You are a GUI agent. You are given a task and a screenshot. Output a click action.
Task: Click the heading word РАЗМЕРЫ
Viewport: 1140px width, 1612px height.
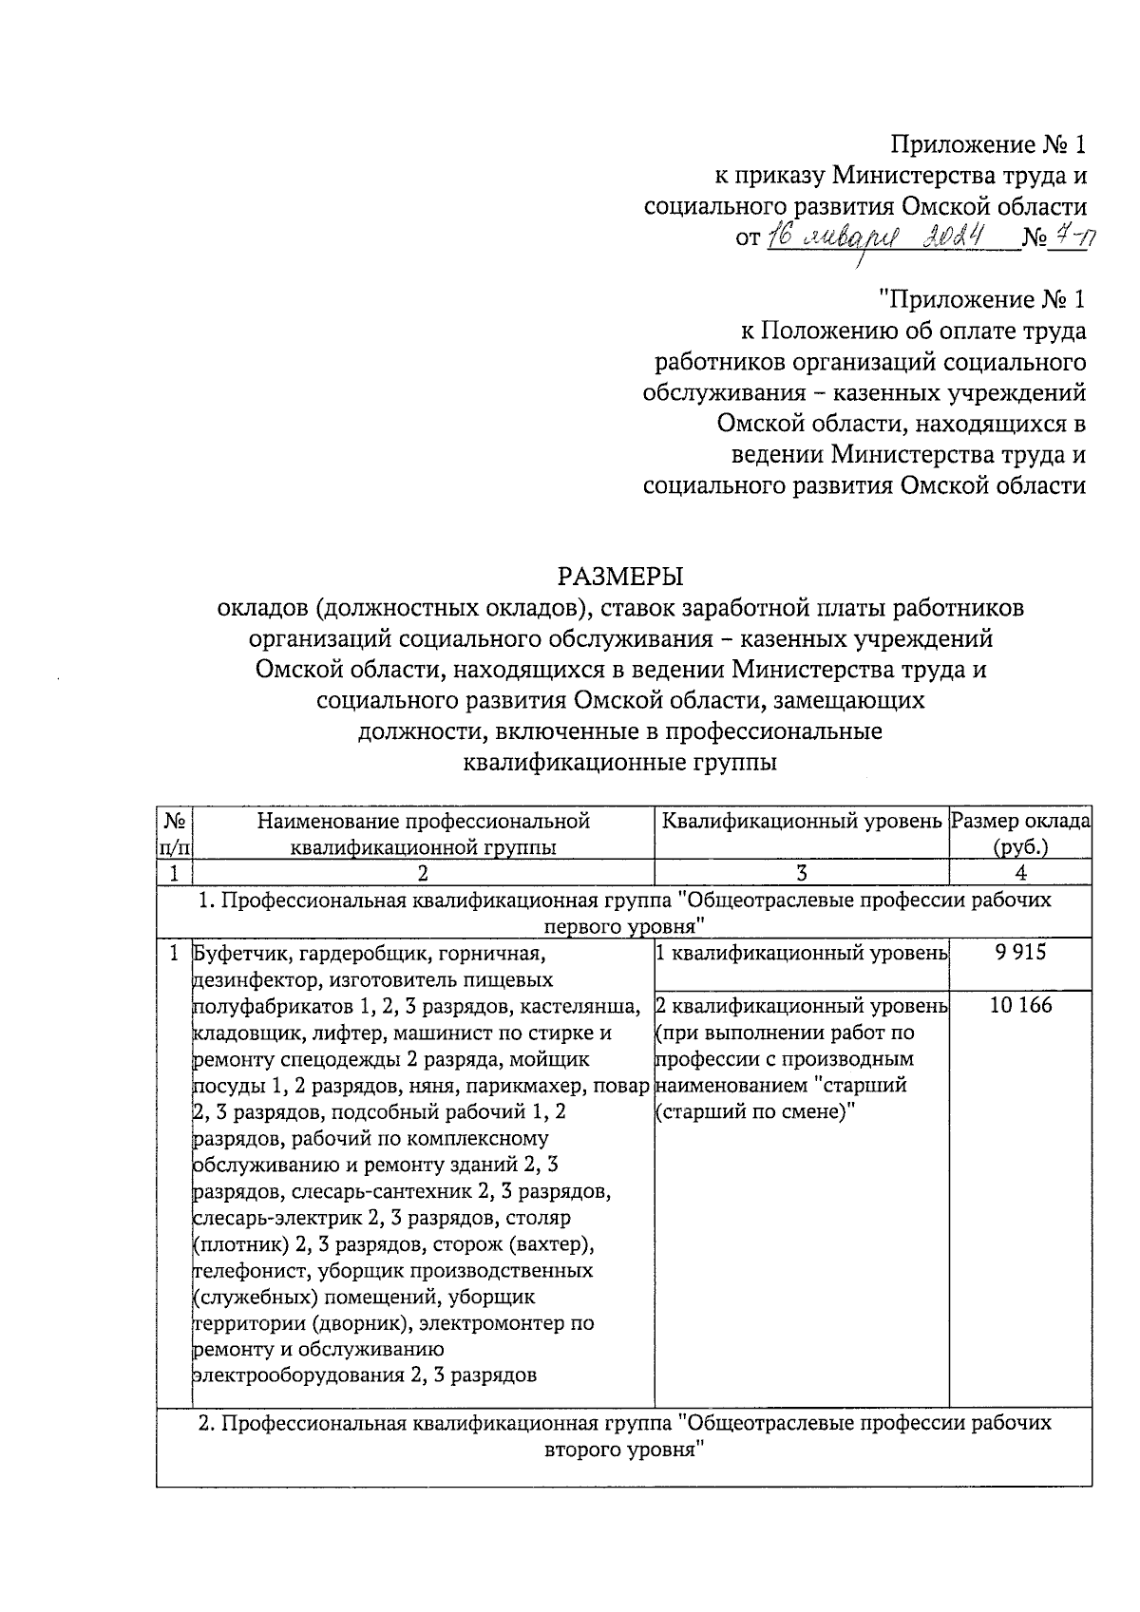click(x=620, y=576)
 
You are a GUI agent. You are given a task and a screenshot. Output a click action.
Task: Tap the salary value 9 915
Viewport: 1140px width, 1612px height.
click(x=1021, y=953)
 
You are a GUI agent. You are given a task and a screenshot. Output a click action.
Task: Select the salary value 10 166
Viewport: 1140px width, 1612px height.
click(x=1021, y=1005)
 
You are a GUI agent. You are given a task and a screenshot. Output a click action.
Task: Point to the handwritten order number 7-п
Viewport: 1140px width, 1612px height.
click(x=1073, y=237)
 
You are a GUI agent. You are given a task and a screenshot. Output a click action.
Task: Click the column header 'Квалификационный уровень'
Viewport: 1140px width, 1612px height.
click(x=802, y=821)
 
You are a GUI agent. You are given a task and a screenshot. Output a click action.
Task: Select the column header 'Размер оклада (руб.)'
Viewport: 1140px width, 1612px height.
click(x=1021, y=833)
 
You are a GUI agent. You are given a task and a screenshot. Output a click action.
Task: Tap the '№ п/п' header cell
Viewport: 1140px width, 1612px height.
click(x=175, y=833)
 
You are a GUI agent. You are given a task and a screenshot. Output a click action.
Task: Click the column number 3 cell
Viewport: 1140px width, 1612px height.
click(x=802, y=873)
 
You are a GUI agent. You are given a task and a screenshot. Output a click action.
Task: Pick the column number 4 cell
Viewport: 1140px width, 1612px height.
click(x=1021, y=873)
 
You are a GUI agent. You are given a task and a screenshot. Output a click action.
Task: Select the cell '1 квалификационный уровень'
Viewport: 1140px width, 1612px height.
click(x=802, y=953)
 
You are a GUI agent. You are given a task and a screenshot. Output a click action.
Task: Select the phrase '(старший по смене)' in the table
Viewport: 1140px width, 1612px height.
click(x=756, y=1111)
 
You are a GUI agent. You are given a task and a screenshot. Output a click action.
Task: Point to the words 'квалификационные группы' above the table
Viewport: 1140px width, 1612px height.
click(x=619, y=762)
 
